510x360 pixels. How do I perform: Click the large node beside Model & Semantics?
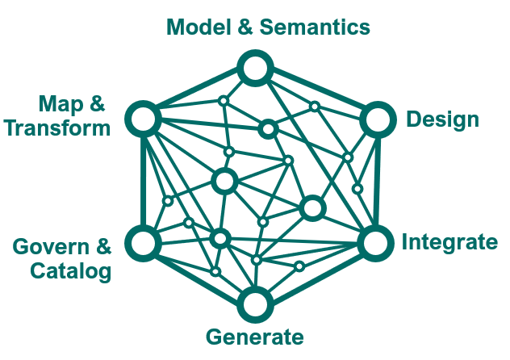click(255, 68)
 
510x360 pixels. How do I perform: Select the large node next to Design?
click(375, 120)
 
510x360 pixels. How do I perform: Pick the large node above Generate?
click(255, 305)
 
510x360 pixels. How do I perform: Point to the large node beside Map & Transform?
click(143, 120)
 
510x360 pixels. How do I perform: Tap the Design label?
click(442, 120)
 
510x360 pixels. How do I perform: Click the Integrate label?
click(449, 242)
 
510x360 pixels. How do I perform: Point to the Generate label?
click(255, 337)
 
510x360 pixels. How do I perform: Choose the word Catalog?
click(70, 270)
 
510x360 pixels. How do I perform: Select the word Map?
click(62, 103)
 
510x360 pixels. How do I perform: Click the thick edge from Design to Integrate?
click(374, 182)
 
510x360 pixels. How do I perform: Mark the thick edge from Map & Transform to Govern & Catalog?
click(143, 182)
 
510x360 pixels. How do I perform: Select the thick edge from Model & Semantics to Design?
click(316, 94)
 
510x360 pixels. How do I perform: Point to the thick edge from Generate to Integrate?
click(315, 274)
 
